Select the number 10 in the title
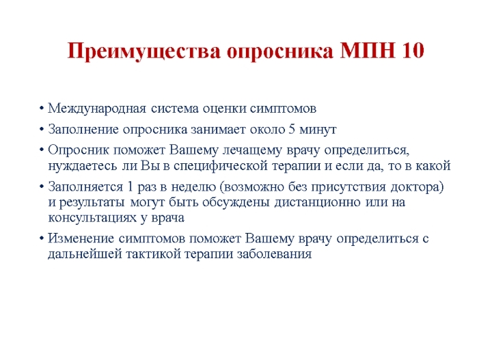(x=412, y=50)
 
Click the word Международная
(x=97, y=109)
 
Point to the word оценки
(x=224, y=109)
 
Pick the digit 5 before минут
(x=292, y=129)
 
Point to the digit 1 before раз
(x=131, y=187)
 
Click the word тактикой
(x=153, y=254)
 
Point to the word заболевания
(x=274, y=254)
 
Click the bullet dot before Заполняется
(x=42, y=187)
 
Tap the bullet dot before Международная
(x=42, y=109)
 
